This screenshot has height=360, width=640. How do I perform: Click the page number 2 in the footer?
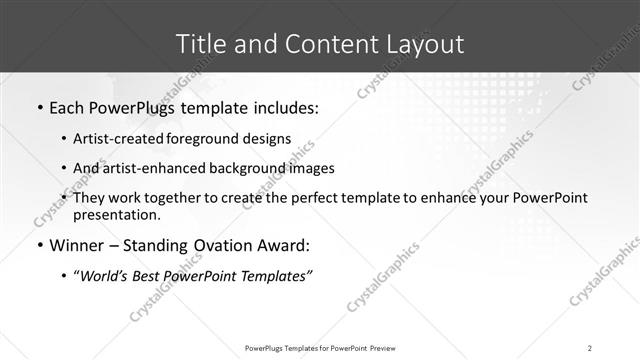coord(590,348)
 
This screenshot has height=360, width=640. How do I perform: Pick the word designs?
coord(271,139)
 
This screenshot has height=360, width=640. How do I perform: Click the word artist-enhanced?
coord(158,168)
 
